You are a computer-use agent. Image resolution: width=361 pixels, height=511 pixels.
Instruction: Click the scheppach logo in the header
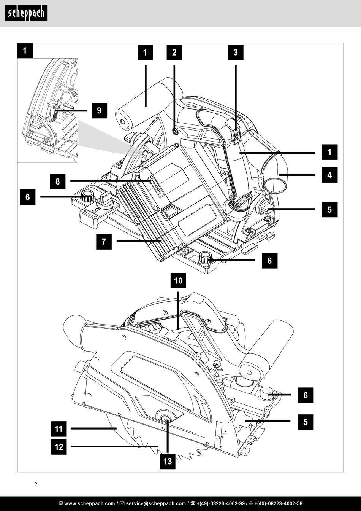26,13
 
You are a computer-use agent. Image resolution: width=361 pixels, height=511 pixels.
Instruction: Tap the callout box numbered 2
174,53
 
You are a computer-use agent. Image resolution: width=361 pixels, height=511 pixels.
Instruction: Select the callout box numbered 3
236,53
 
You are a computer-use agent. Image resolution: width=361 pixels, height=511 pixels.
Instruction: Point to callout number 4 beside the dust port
329,175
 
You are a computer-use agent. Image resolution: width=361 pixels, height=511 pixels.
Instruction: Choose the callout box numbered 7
104,241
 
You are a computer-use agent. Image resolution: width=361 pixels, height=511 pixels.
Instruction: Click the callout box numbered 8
57,181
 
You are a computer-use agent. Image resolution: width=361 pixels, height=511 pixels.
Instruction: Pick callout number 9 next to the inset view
99,111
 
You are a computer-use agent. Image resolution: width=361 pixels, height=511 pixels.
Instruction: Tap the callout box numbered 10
178,281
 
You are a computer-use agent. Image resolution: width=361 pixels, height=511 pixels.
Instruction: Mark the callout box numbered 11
59,429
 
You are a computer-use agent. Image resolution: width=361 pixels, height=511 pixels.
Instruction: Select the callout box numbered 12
59,446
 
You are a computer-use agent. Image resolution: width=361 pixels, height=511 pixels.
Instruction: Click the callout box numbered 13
168,461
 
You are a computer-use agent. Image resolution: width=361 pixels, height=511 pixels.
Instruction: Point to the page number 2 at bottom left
36,484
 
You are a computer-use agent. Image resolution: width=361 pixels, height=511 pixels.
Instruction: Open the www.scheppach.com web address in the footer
89,503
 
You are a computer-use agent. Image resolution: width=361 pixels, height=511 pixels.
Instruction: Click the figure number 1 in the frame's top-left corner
25,50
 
